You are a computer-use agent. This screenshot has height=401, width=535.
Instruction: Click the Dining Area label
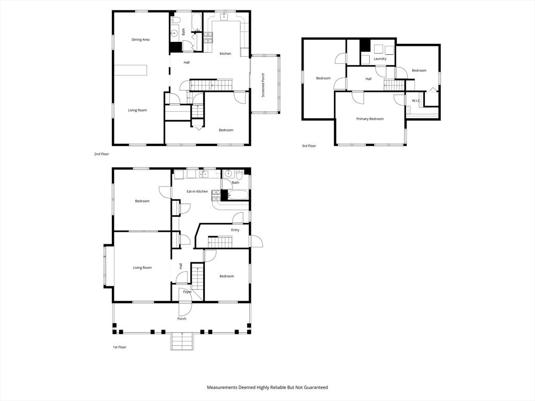coord(141,40)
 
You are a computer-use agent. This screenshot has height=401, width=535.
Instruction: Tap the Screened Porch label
coord(263,86)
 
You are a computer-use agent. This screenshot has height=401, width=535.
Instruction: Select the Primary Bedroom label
coord(370,119)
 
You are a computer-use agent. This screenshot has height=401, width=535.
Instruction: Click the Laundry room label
coord(380,59)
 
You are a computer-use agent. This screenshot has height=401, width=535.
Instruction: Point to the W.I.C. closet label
coord(416,101)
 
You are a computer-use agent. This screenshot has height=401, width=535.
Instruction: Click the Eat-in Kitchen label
coord(197,192)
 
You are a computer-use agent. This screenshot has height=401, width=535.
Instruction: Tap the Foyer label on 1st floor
coord(187,292)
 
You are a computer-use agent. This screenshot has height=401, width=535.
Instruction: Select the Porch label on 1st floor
coord(182,319)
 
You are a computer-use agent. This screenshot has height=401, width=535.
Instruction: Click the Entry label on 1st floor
coord(235,230)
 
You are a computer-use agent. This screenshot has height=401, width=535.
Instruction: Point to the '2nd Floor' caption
coord(101,154)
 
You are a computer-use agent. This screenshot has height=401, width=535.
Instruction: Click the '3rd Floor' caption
coord(309,146)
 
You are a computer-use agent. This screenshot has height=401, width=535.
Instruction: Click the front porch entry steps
coord(182,343)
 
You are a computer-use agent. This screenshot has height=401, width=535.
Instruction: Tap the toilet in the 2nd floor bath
coord(176,20)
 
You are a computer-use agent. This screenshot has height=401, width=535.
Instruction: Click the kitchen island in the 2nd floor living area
coord(131,70)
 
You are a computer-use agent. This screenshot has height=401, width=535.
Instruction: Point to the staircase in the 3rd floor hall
coord(394,85)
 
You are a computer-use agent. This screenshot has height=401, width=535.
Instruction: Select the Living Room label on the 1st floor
coord(142,268)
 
